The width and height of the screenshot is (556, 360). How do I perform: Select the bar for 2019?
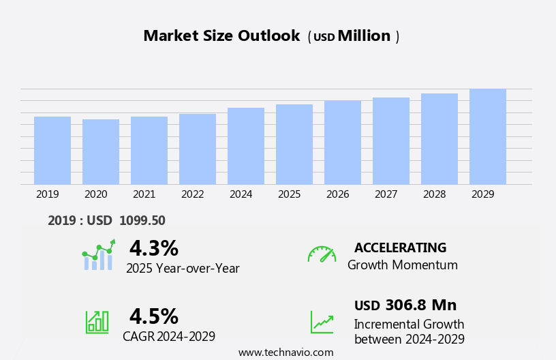tap(52, 151)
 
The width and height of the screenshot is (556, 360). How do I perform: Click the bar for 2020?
tap(101, 152)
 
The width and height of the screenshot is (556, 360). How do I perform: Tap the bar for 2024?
tap(246, 146)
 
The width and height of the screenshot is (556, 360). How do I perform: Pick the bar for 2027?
tap(391, 141)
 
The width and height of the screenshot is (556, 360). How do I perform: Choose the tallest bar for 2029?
tap(488, 136)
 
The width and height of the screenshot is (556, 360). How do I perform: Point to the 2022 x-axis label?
tap(193, 194)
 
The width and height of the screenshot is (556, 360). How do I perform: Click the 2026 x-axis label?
tap(338, 194)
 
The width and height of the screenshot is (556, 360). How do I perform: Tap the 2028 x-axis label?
tap(435, 194)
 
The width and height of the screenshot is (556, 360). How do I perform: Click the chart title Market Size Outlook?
tap(221, 36)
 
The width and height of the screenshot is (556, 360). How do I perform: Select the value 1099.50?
tap(142, 221)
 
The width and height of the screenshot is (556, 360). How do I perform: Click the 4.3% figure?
tap(153, 248)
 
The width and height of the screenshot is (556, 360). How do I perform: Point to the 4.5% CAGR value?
tap(153, 316)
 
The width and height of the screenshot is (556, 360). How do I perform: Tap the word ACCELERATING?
tap(400, 248)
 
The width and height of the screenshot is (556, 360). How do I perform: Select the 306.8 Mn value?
tap(420, 305)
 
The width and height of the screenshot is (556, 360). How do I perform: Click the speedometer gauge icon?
tap(322, 254)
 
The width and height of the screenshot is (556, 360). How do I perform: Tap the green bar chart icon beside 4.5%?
tap(97, 322)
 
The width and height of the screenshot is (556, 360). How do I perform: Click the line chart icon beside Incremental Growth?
tap(322, 322)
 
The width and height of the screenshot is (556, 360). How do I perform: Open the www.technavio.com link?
tap(285, 352)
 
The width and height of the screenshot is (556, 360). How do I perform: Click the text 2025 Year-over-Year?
tap(183, 269)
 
